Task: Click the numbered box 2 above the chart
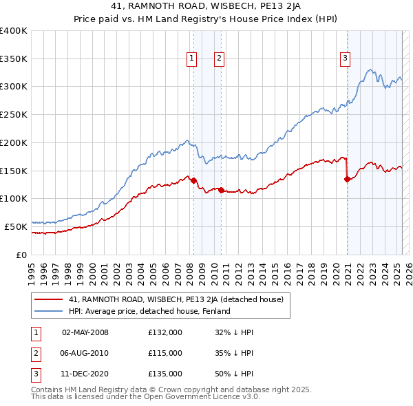coord(218,58)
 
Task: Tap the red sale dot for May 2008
coord(193,181)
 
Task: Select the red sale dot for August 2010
coord(221,191)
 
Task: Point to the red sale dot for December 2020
coord(347,180)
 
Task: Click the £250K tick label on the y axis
coord(14,115)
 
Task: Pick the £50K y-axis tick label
coord(17,226)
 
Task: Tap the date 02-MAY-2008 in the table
coord(85,332)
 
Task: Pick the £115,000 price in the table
coord(165,353)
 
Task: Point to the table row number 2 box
coord(35,353)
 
